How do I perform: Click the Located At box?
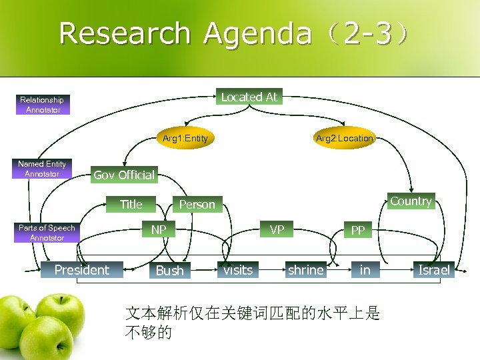click(249, 97)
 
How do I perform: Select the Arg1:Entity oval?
click(185, 138)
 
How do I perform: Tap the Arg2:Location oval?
click(344, 138)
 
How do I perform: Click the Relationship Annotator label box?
click(43, 105)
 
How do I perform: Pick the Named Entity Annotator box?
click(42, 169)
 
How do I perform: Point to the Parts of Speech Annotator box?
click(47, 233)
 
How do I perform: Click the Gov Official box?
click(124, 175)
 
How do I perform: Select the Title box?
click(131, 204)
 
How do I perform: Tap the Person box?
click(197, 205)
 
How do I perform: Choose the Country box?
click(411, 201)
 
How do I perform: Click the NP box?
click(159, 230)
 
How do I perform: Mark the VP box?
click(277, 230)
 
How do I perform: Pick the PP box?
click(358, 231)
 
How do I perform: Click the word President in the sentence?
click(82, 270)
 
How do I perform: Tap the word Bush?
click(169, 271)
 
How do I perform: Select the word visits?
click(238, 270)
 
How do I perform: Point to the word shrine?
click(305, 270)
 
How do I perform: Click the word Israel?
click(433, 270)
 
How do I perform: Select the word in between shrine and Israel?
click(365, 270)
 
